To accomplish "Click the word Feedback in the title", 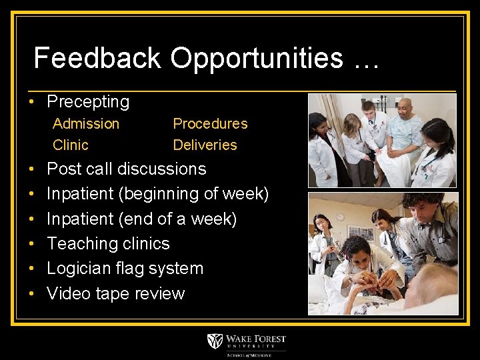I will pos(97,59).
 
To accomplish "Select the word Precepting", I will pos(88,102).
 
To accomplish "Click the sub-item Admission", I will pos(86,123).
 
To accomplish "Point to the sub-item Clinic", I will pos(70,145).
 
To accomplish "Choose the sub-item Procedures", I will pos(210,123).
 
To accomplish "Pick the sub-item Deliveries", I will pos(205,145).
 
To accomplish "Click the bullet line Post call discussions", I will pos(127,169).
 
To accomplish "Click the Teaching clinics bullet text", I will pos(108,244).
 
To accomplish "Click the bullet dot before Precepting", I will pos(31,103).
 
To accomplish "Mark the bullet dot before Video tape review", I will pos(31,294).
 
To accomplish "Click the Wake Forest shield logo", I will pos(215,341).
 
